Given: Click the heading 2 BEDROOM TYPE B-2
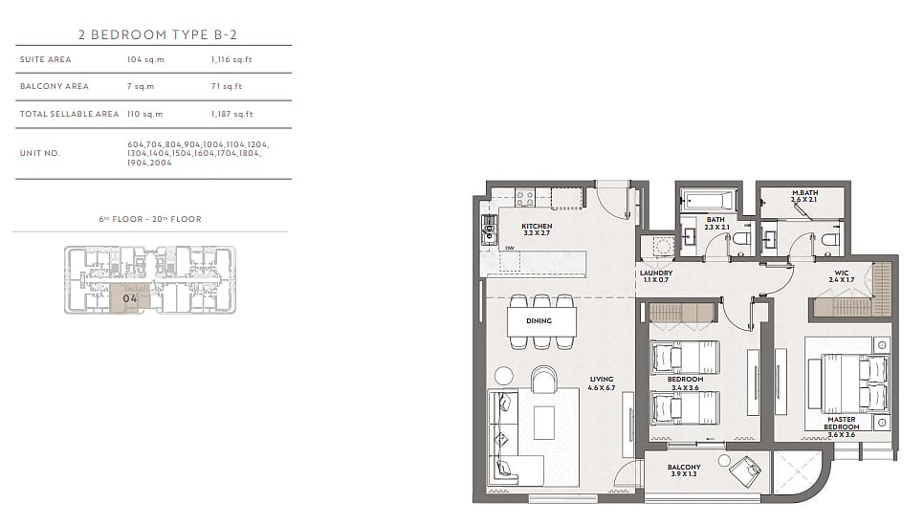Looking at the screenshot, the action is pos(157,34).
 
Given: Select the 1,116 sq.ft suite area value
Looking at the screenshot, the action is pos(231,59).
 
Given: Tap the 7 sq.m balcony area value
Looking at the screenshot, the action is pos(141,86).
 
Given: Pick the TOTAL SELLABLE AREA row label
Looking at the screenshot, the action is pos(69,114).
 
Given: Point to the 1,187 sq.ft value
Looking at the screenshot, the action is pos(231,114).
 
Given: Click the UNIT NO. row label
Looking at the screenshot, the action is pos(40,153).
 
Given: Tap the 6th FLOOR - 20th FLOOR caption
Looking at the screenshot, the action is pos(150,219).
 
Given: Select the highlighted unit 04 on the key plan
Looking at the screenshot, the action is pos(130,298).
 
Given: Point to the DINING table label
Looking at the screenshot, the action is pos(539,320).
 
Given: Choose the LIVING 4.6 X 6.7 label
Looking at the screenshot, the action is pos(601,383).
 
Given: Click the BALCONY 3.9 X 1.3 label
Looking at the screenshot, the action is pos(684,470).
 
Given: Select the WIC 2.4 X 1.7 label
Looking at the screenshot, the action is pos(841,276).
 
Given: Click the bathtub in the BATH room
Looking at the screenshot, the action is pos(709,200).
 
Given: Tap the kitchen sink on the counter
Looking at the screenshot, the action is pos(489,230).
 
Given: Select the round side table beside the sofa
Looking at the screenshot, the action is pos(504,375).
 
